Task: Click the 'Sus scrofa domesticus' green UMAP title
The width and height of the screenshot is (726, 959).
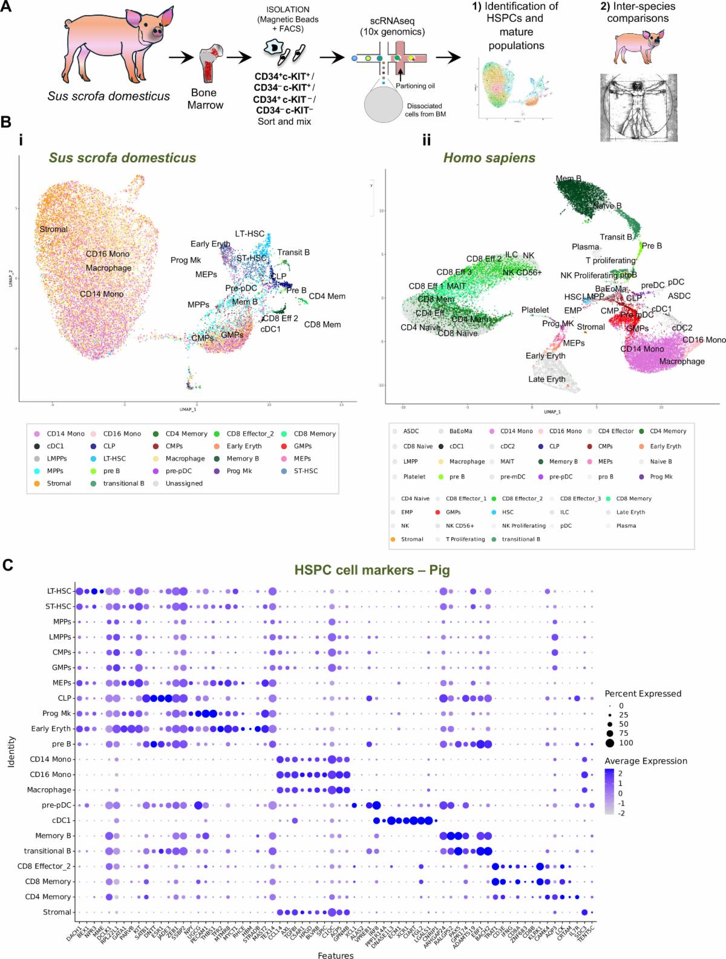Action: coord(123,158)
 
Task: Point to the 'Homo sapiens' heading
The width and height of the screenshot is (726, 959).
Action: coord(489,158)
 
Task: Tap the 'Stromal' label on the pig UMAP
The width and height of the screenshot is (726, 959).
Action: coord(53,229)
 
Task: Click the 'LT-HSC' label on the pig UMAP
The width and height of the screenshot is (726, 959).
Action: coord(249,234)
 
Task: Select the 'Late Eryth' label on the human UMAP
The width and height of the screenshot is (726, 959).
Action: coord(546,379)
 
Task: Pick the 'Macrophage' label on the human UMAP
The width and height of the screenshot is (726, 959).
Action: coord(682,361)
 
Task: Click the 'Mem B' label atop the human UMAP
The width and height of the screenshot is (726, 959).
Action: coord(569,178)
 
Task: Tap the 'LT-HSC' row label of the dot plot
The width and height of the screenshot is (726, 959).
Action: coord(59,591)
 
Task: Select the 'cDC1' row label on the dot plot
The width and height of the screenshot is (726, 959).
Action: coord(62,820)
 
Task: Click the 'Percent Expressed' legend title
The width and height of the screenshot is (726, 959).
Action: coord(643,693)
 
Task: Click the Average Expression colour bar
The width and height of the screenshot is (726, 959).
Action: coord(610,792)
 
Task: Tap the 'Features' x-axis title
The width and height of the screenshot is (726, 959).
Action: coord(336,955)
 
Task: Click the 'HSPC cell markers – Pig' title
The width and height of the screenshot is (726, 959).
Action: coord(372,570)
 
